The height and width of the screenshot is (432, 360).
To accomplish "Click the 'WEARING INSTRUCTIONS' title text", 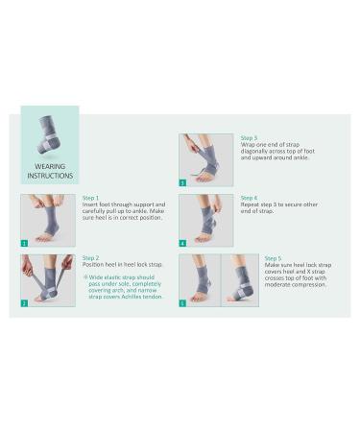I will point(49,170).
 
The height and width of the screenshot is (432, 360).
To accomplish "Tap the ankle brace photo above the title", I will point(49,140).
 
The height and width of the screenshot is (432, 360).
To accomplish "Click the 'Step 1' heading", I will point(91,198).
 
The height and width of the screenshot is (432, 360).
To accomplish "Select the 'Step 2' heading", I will point(91,257).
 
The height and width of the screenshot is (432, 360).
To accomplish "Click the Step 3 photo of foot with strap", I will point(205,160).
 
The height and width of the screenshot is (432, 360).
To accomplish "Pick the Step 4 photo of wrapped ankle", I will point(205,221).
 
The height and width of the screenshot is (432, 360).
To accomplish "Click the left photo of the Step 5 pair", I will point(199,280).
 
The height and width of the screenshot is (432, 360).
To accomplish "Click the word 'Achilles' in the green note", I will point(131,298).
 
